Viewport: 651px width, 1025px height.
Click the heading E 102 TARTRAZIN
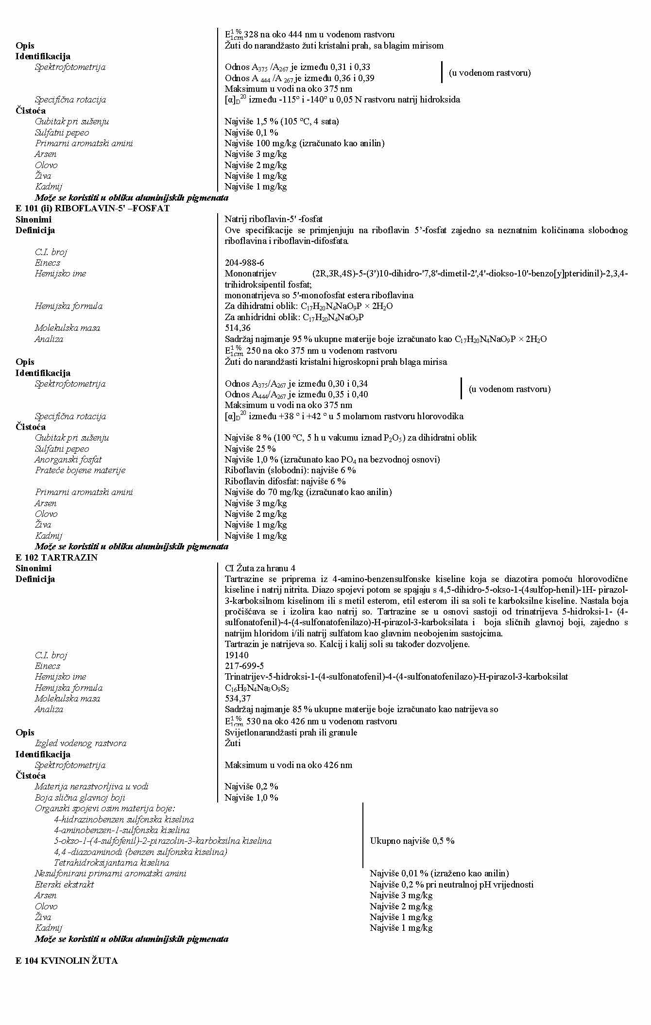coord(56,557)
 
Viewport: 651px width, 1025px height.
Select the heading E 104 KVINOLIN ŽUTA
coord(67,960)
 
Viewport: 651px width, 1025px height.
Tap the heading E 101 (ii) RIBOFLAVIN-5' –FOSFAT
coord(92,208)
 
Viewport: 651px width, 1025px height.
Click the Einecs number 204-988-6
coord(244,263)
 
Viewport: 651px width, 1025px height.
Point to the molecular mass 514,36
coord(238,328)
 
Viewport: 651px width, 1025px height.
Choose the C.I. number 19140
coord(237,655)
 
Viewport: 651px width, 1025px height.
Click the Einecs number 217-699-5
coord(244,666)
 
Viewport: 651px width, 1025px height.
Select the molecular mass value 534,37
coord(238,699)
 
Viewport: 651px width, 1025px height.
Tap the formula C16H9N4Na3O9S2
coord(257,688)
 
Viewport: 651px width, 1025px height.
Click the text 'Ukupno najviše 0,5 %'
coord(412,840)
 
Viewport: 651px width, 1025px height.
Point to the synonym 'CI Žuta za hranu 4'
coord(260,568)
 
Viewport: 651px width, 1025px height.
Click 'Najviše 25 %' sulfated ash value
coord(250,448)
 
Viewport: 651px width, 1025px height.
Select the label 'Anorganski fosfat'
coord(68,459)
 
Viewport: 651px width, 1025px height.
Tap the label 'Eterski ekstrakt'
coord(64,884)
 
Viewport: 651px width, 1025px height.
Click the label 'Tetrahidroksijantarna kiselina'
coord(111,862)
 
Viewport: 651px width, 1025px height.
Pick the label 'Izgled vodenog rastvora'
coord(80,743)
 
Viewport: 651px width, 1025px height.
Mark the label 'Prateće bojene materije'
coord(80,470)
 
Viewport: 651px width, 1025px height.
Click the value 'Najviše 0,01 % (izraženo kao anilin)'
coord(439,873)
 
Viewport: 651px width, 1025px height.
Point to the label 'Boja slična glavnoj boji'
coord(80,797)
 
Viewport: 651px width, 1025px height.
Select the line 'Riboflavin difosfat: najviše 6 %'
coord(285,481)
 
